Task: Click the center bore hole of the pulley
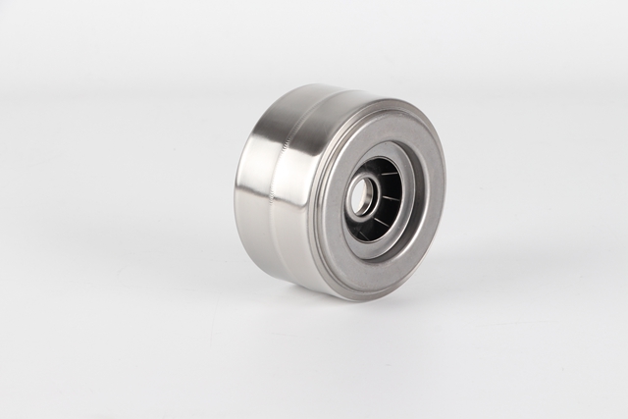(360, 197)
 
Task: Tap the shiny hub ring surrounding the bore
(370, 186)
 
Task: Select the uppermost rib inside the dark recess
(389, 164)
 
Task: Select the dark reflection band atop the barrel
(294, 108)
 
